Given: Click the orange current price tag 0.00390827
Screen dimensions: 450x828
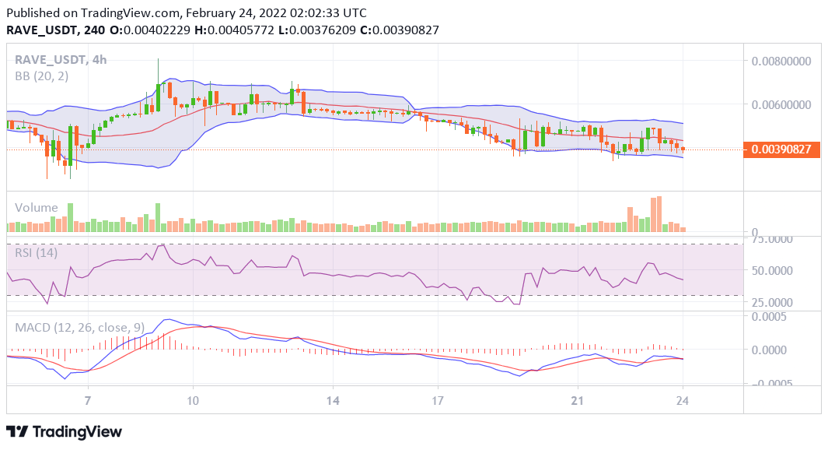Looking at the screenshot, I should click(x=782, y=149).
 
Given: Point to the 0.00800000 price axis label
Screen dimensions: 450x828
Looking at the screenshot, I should click(x=786, y=61).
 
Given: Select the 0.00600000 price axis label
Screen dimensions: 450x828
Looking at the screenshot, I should click(x=786, y=104).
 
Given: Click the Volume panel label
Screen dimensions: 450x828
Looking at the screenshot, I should click(x=37, y=207).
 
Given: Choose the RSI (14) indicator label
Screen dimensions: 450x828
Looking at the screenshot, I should click(x=36, y=251).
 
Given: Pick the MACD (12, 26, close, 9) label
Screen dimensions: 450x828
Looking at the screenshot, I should click(x=80, y=328).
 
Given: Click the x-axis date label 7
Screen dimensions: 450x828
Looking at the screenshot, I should click(x=88, y=400).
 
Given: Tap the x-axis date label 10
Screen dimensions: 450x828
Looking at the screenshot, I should click(x=193, y=400).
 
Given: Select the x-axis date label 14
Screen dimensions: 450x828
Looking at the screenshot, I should click(x=333, y=400).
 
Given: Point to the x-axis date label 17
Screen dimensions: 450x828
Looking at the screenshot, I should click(x=438, y=400).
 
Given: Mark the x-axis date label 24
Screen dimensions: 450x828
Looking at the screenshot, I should click(x=683, y=400).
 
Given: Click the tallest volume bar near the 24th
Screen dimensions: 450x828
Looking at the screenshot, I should click(x=659, y=214).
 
